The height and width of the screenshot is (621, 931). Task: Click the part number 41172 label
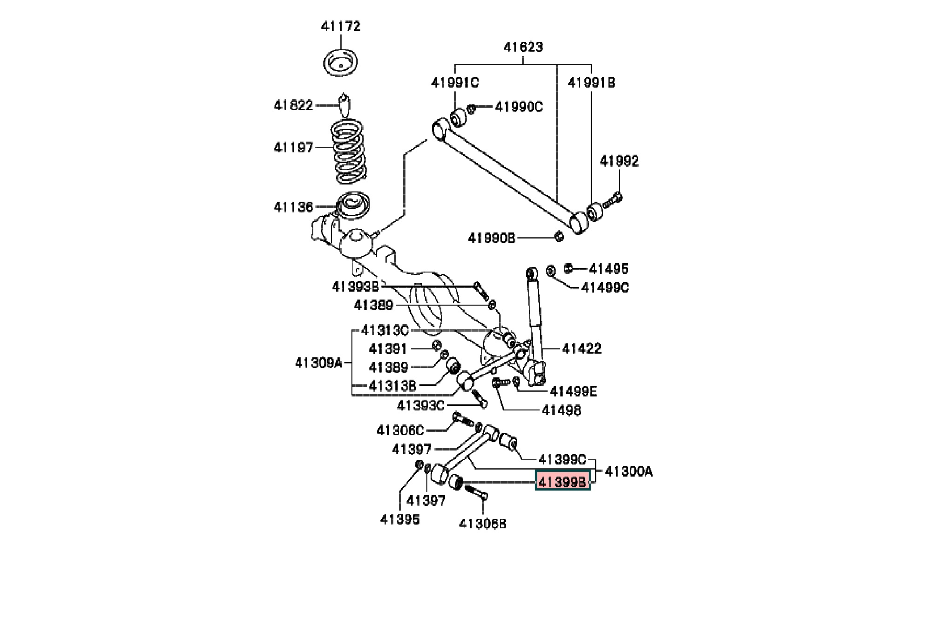(341, 27)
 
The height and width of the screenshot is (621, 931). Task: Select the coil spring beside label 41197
(349, 151)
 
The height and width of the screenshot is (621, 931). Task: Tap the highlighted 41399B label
(563, 481)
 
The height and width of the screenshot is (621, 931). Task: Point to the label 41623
(523, 47)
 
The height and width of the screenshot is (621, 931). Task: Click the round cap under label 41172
(341, 62)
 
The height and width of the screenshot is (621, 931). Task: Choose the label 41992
(619, 161)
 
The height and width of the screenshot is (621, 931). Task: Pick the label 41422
(581, 348)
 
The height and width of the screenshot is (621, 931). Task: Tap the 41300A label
(628, 472)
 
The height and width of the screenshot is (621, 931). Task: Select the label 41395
(400, 519)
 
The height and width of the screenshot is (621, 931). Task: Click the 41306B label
(483, 524)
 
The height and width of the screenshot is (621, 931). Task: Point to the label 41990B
(492, 238)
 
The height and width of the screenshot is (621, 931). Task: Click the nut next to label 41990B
(560, 236)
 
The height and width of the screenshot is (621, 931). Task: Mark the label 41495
(608, 269)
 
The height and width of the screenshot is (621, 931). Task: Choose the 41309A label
(319, 362)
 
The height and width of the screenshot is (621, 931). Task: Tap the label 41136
(294, 207)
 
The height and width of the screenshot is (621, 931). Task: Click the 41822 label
(294, 105)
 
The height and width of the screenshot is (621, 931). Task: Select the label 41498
(561, 410)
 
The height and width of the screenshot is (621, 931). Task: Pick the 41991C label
(455, 83)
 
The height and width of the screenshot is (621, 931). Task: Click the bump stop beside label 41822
(344, 105)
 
